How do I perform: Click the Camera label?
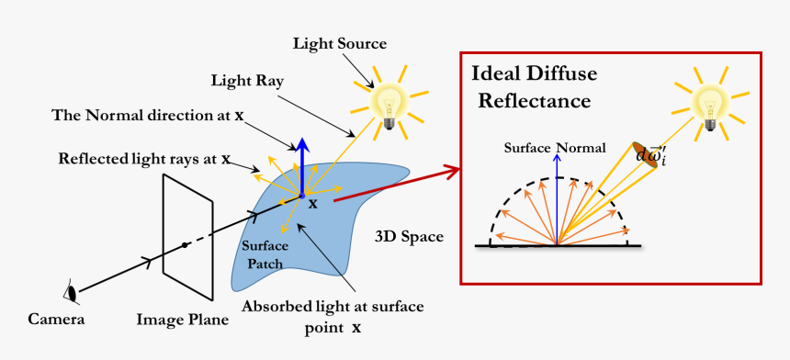pos(56,320)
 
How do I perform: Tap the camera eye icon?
pos(70,293)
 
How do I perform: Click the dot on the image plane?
pos(185,244)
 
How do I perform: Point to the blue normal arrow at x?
pos(300,165)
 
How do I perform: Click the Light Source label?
pos(339,43)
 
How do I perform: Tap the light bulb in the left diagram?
pos(389,99)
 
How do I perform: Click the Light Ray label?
pos(246,81)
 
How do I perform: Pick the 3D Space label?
pos(409,237)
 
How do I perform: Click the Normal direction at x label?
pos(148,116)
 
